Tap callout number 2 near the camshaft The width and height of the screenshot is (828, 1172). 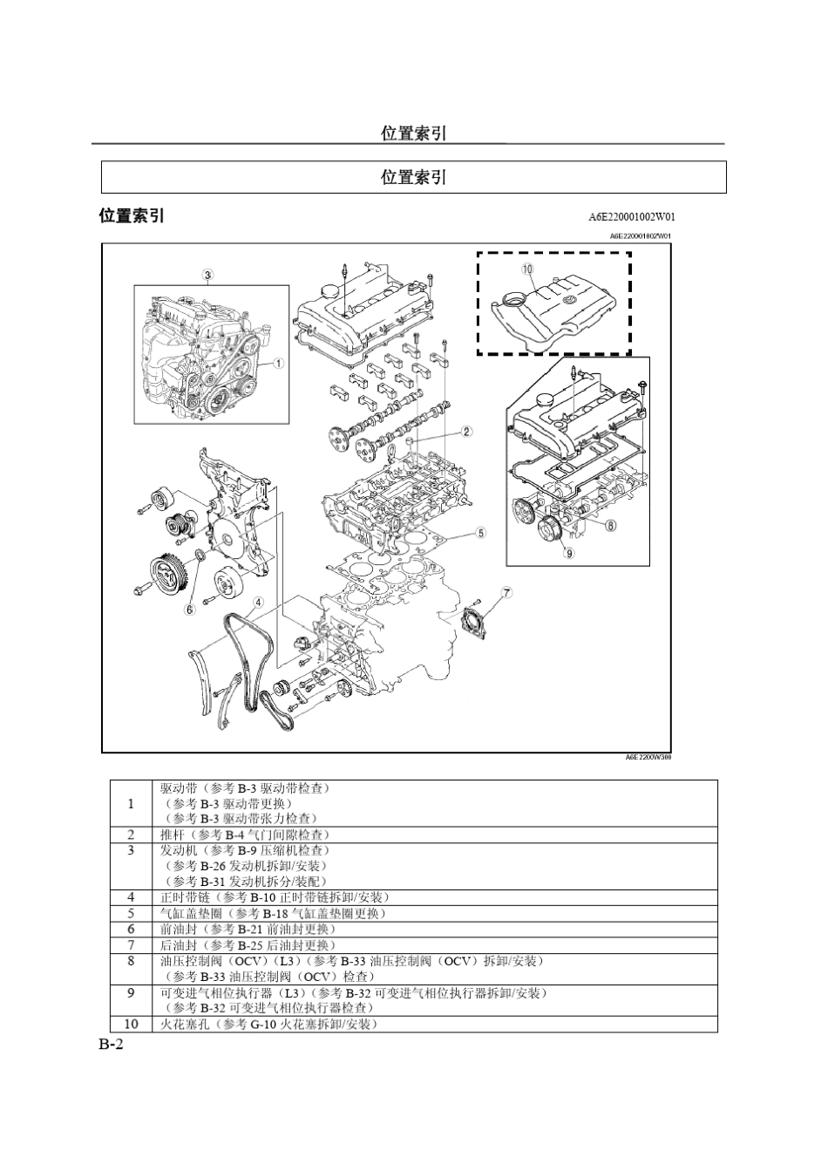click(466, 431)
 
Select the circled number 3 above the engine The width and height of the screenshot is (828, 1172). click(207, 276)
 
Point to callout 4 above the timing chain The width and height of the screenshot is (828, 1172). click(258, 602)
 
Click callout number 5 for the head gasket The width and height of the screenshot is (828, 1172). click(480, 532)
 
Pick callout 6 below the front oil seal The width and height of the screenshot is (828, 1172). click(190, 609)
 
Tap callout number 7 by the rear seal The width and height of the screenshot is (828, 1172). click(506, 593)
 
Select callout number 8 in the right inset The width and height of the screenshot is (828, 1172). click(610, 525)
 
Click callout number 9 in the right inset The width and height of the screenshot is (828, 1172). click(569, 552)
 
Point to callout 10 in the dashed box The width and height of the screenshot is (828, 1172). click(527, 269)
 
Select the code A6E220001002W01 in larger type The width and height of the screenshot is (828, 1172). click(632, 217)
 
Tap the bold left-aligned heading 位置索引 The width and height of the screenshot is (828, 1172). click(132, 215)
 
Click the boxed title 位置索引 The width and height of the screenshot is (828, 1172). click(414, 177)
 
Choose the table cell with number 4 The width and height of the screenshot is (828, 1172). click(131, 896)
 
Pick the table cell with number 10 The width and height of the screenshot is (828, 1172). click(131, 1024)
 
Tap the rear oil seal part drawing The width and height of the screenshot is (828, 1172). click(475, 620)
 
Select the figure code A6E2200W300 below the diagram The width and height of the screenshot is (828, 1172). click(648, 758)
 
